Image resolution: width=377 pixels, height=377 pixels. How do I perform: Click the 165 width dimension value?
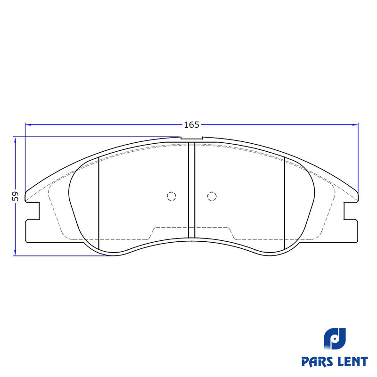(192, 125)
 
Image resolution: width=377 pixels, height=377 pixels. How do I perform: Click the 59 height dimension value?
(15, 196)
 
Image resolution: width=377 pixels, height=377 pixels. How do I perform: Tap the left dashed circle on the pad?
(172, 196)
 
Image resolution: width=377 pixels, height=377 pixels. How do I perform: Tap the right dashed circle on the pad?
(212, 196)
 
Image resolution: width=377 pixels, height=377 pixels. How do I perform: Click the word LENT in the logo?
(352, 361)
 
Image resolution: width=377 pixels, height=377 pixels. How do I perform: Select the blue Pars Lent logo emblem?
(335, 339)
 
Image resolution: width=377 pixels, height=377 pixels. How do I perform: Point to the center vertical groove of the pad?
(191, 190)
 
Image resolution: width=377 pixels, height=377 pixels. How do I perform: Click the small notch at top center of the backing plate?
(192, 138)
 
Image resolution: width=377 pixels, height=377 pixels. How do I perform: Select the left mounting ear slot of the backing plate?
(33, 211)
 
